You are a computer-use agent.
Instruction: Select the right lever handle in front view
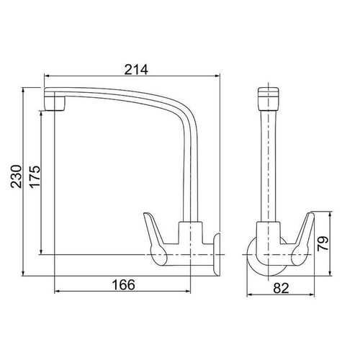[x=304, y=233]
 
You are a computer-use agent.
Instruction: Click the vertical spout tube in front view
[x=267, y=166]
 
